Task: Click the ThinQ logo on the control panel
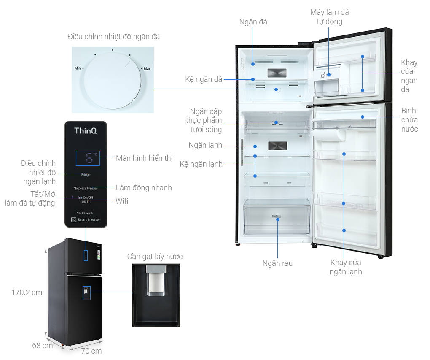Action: pos(86,131)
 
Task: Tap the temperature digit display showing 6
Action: pos(88,158)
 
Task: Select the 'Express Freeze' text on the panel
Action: pos(86,188)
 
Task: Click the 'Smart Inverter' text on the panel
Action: pos(89,219)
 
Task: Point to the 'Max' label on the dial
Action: pos(147,68)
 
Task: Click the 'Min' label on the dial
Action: pos(78,68)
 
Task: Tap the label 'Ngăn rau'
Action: pos(277,263)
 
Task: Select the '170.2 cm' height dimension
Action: pos(27,292)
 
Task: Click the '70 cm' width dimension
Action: pos(91,351)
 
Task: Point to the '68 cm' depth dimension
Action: pos(43,346)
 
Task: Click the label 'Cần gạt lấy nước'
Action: pos(155,257)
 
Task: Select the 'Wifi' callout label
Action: pos(122,201)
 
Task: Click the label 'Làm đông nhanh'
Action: pos(144,188)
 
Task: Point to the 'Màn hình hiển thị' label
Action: pos(144,158)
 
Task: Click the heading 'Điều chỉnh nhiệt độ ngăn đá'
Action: pos(114,37)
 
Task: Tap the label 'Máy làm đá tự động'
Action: pos(329,17)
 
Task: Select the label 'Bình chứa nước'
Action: pos(409,120)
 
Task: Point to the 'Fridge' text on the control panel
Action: pos(86,174)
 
